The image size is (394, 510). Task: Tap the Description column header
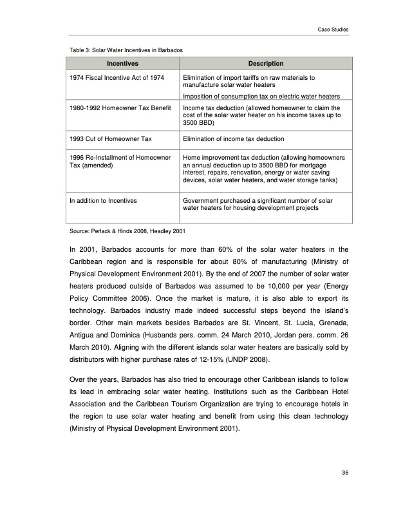[265, 63]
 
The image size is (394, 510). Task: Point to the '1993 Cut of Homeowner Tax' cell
[110, 138]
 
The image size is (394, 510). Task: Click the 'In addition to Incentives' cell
[103, 201]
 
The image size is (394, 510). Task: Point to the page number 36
[345, 473]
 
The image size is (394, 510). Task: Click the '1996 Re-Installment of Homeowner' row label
[120, 157]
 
